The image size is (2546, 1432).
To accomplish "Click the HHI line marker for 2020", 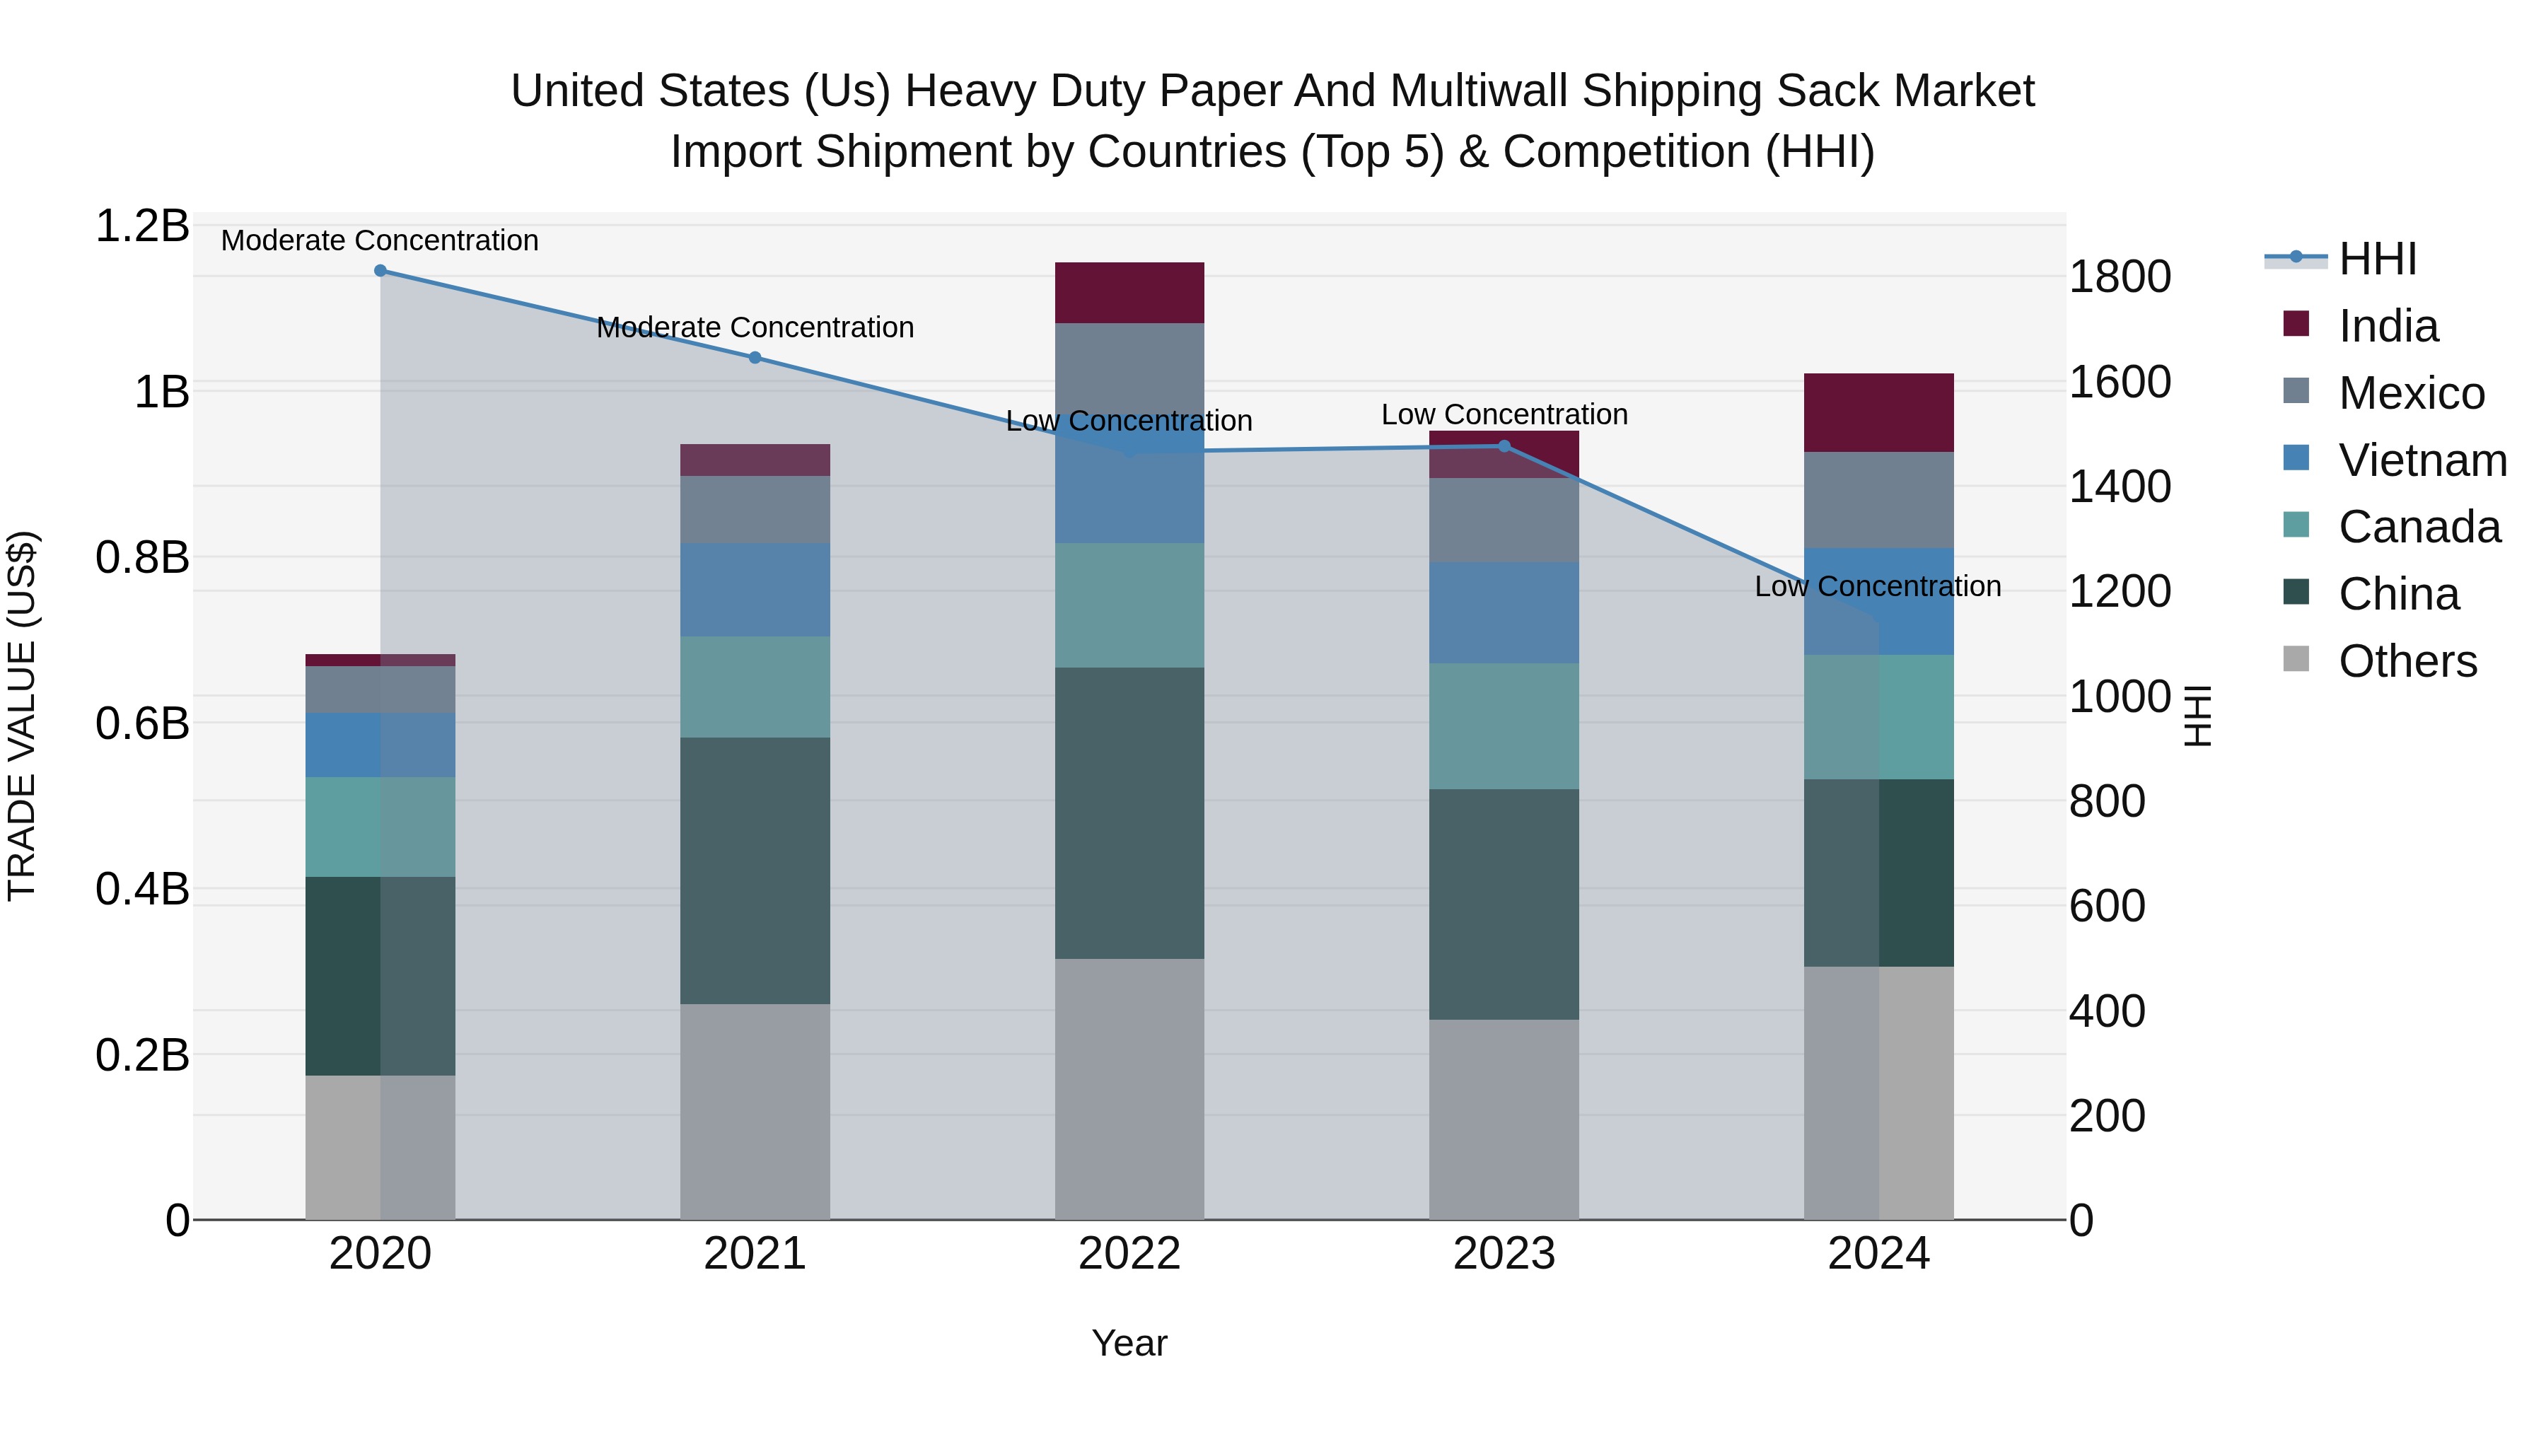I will click(380, 271).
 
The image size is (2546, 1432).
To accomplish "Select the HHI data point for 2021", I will click(755, 358).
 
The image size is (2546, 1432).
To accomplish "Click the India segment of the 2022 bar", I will click(1129, 293).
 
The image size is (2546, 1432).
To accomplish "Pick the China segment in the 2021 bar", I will click(755, 870).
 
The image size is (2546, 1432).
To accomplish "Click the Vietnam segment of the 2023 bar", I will click(1504, 612).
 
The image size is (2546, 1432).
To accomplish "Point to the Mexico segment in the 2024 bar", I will click(1879, 500).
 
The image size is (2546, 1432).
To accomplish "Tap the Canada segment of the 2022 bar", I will click(1129, 605).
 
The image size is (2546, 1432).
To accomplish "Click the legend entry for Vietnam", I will click(2422, 460).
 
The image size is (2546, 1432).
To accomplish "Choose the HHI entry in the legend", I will click(2377, 259).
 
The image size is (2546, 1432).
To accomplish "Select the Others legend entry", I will click(2407, 661).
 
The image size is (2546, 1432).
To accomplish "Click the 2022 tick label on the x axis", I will click(1129, 1254).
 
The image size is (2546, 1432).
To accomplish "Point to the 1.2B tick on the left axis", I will click(142, 226).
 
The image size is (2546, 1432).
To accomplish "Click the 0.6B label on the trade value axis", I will click(142, 724).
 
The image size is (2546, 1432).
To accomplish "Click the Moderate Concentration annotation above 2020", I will click(380, 240).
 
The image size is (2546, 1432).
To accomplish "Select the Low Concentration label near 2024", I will click(1877, 586).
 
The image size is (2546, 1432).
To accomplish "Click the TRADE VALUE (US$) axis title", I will click(22, 716).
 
